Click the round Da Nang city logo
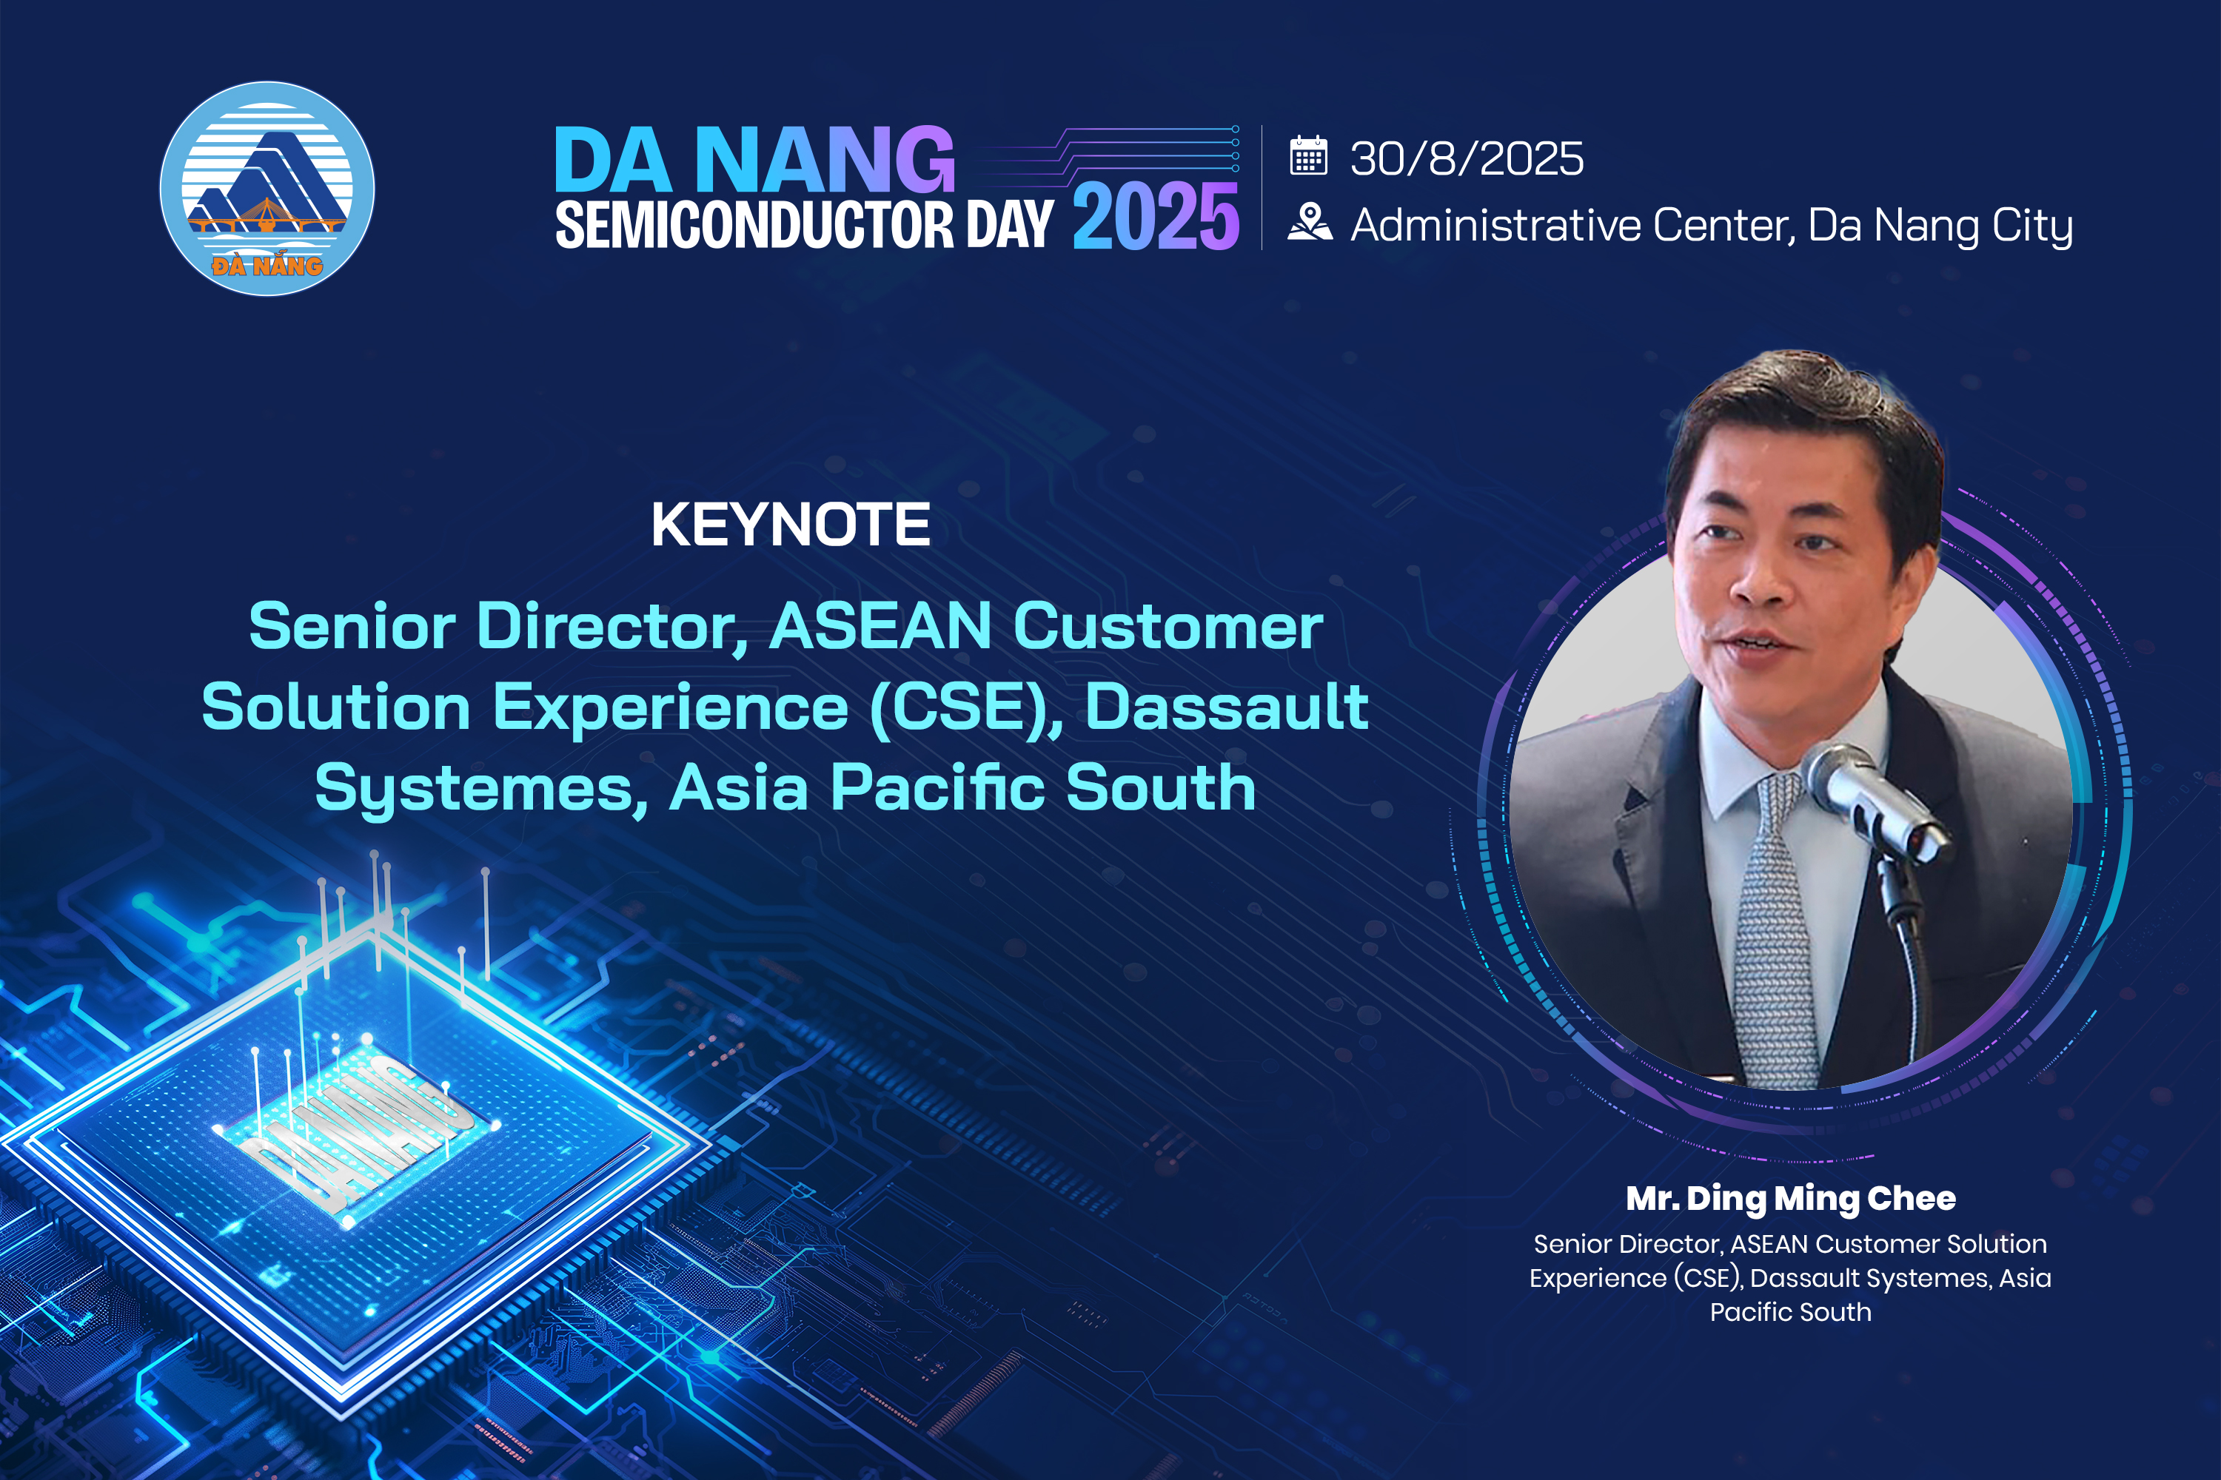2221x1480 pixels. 267,189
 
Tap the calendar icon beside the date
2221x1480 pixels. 1309,155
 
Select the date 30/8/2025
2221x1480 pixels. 1467,158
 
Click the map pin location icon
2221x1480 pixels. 1310,223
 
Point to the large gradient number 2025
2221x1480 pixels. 1156,216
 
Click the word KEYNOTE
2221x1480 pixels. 791,525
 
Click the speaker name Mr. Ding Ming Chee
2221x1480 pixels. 1790,1199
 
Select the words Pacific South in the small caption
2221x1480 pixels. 1790,1312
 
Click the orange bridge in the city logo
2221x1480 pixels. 267,220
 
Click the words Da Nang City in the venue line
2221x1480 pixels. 1940,226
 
